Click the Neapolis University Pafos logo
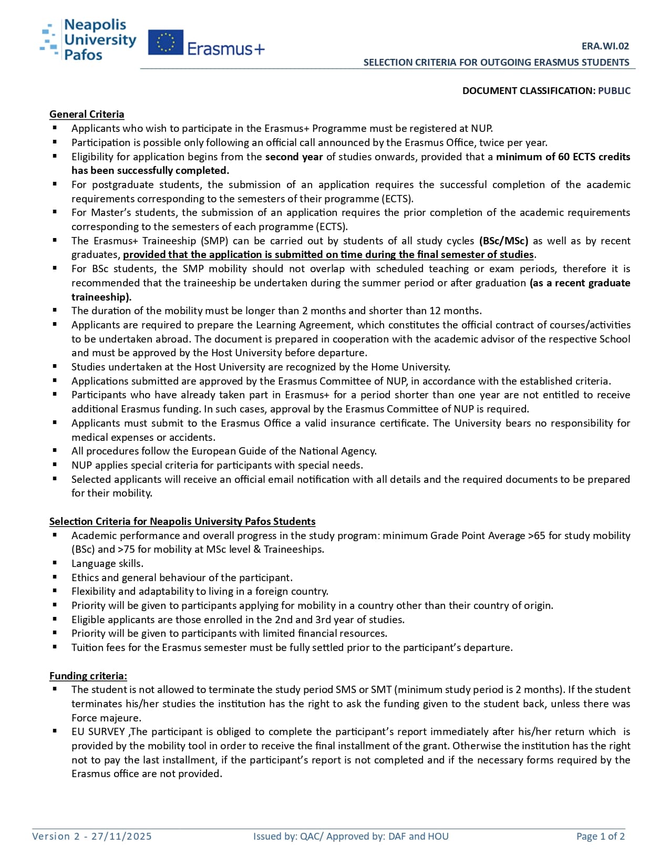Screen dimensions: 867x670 [88, 39]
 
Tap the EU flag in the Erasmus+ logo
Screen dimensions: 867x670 [166, 43]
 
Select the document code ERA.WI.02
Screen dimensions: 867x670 [605, 46]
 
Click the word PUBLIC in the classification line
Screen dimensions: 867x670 [614, 90]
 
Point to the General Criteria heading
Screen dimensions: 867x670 [87, 114]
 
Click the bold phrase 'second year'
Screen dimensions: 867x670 [294, 157]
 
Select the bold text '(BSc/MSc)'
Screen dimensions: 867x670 [503, 241]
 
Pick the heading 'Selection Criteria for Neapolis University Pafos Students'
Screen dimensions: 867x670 [182, 521]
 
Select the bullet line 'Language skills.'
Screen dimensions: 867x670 [107, 563]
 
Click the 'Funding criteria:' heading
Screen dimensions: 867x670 [88, 676]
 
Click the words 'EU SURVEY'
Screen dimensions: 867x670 [98, 731]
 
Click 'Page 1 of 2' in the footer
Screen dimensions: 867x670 [600, 836]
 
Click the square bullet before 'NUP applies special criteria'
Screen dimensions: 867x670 [55, 465]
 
